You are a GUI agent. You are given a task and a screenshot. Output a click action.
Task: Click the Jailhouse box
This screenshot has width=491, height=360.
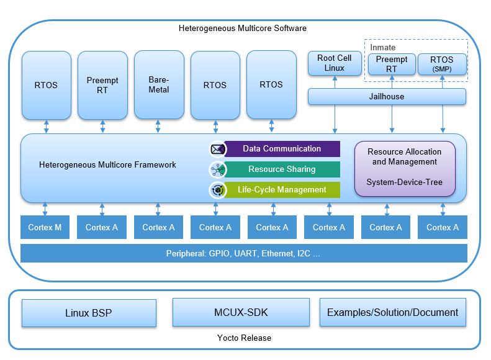(387, 96)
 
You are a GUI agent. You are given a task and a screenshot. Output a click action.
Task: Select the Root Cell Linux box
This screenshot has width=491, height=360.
(335, 63)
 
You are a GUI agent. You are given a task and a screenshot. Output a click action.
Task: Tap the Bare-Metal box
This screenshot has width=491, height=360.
(159, 85)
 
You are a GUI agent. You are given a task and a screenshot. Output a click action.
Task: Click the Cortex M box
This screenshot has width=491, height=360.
(45, 227)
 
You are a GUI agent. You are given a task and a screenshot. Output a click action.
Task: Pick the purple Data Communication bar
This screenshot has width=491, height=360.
(282, 149)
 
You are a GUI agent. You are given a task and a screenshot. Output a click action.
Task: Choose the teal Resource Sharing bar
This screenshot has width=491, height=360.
(282, 169)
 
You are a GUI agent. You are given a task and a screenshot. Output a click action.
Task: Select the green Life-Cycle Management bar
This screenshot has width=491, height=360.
(282, 190)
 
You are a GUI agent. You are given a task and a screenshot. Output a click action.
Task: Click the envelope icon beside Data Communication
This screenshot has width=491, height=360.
(217, 149)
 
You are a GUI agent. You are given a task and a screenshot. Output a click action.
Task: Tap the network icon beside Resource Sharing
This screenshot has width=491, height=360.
(217, 169)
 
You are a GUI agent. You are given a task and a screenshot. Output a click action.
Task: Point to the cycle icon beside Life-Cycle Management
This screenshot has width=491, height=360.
(217, 190)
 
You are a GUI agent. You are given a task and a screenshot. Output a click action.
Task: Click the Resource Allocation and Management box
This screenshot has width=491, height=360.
(404, 168)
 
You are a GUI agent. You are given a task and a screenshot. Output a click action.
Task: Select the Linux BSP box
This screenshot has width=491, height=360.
(89, 313)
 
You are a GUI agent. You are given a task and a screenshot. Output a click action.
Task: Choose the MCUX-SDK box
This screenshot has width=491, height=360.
(241, 312)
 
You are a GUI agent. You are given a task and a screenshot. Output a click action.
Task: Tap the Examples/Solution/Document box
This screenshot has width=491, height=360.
(392, 312)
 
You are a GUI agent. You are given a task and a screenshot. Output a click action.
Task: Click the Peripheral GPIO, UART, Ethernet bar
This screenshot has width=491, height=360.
(243, 253)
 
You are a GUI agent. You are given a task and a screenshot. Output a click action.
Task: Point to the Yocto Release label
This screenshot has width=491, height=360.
(243, 338)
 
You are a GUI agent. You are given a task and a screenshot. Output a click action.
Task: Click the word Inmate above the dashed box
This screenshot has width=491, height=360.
(383, 48)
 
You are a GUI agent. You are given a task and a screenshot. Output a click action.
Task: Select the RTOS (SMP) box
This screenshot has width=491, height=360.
(442, 64)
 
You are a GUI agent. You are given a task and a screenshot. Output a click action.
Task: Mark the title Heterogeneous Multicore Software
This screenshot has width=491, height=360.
(243, 29)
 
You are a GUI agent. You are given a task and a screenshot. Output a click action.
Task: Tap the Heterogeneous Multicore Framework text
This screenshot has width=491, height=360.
(107, 165)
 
